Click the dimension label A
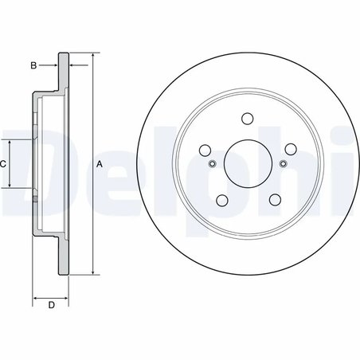tap(100, 164)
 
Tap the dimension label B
tap(33, 65)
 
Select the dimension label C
tap(3, 164)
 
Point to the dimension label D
tap(50, 305)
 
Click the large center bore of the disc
tap(247, 163)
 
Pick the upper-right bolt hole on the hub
tap(289, 149)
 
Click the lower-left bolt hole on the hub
tap(221, 199)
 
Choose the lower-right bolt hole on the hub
tap(273, 199)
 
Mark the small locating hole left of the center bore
tap(212, 164)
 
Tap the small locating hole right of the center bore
tap(282, 164)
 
